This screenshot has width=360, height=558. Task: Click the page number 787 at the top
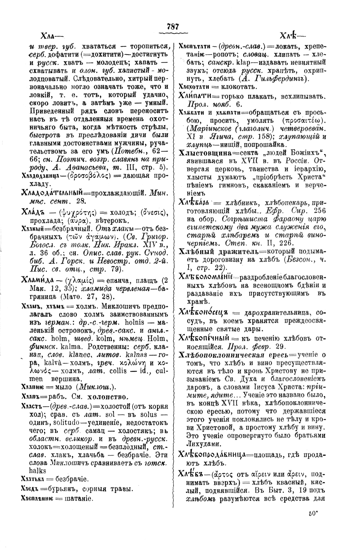click(174, 26)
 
